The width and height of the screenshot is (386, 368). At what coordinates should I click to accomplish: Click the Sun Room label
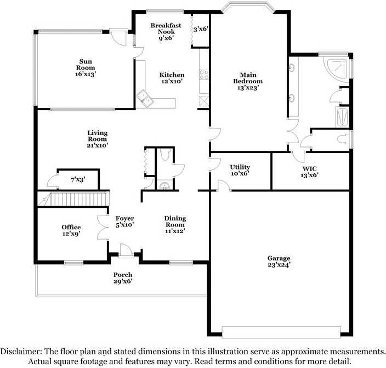point(86,67)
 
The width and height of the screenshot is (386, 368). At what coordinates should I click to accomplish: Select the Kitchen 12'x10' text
point(172,78)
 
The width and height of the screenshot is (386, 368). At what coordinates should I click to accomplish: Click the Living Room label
point(97,139)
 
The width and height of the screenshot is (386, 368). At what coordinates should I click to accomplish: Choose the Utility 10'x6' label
point(240,170)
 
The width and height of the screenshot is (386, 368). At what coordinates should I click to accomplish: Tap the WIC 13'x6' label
point(310,172)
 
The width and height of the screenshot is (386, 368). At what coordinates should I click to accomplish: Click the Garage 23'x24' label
point(279,261)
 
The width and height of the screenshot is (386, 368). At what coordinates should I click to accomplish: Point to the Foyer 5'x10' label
point(124,221)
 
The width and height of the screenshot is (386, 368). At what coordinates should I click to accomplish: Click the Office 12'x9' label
point(71,230)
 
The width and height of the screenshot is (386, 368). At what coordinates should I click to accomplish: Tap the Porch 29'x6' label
point(123,278)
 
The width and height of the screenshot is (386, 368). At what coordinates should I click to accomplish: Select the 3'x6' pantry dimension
point(201,29)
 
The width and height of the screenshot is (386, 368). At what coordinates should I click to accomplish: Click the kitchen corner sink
point(146,98)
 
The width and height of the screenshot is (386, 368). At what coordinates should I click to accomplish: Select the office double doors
point(103,227)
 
